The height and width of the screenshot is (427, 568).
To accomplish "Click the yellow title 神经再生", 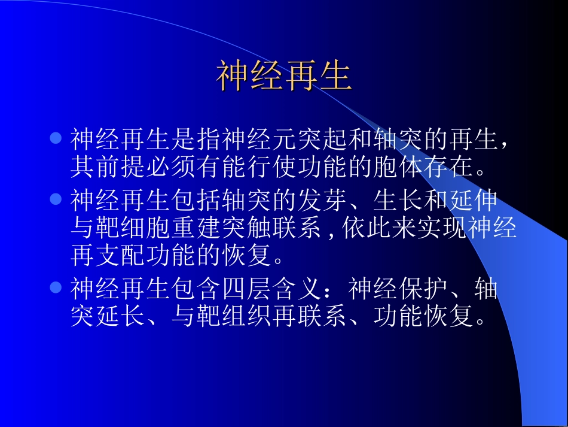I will (283, 77).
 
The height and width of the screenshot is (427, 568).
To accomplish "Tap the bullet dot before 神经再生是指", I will (56, 139).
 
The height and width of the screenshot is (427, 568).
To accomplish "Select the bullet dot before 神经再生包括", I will (56, 198).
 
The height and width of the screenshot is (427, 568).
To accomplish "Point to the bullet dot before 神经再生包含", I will (56, 287).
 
